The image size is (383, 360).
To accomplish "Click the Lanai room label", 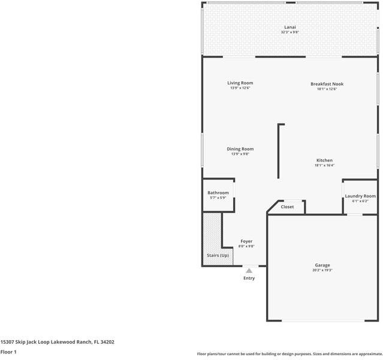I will point(289,27).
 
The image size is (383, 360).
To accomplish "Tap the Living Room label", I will point(240,83).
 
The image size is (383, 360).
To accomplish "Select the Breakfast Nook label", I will point(327,83).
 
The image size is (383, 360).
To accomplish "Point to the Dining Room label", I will point(240,149).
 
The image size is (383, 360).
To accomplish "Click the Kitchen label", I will point(324,160).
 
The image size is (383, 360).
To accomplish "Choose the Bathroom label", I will point(218,193).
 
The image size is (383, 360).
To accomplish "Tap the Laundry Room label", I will point(360,196).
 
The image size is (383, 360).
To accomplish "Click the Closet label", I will point(287,207).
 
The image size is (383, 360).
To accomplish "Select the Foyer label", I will point(246,241).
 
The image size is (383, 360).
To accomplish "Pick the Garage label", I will point(322,265).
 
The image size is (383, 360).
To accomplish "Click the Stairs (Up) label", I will point(218,256).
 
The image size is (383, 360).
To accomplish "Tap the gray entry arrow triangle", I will point(249,271).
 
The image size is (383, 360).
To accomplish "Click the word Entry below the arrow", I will point(249,278).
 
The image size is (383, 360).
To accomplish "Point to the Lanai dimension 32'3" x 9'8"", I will point(289,32).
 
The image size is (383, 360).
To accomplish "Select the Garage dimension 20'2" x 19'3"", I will point(322,270).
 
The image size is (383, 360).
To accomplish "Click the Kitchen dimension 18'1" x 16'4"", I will point(324,166).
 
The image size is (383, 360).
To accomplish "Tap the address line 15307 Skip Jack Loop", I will point(58,342).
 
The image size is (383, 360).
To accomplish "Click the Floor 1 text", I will point(8,352).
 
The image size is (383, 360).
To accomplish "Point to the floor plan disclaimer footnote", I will point(289,354).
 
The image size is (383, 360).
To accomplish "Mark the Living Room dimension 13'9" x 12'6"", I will point(240,88).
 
